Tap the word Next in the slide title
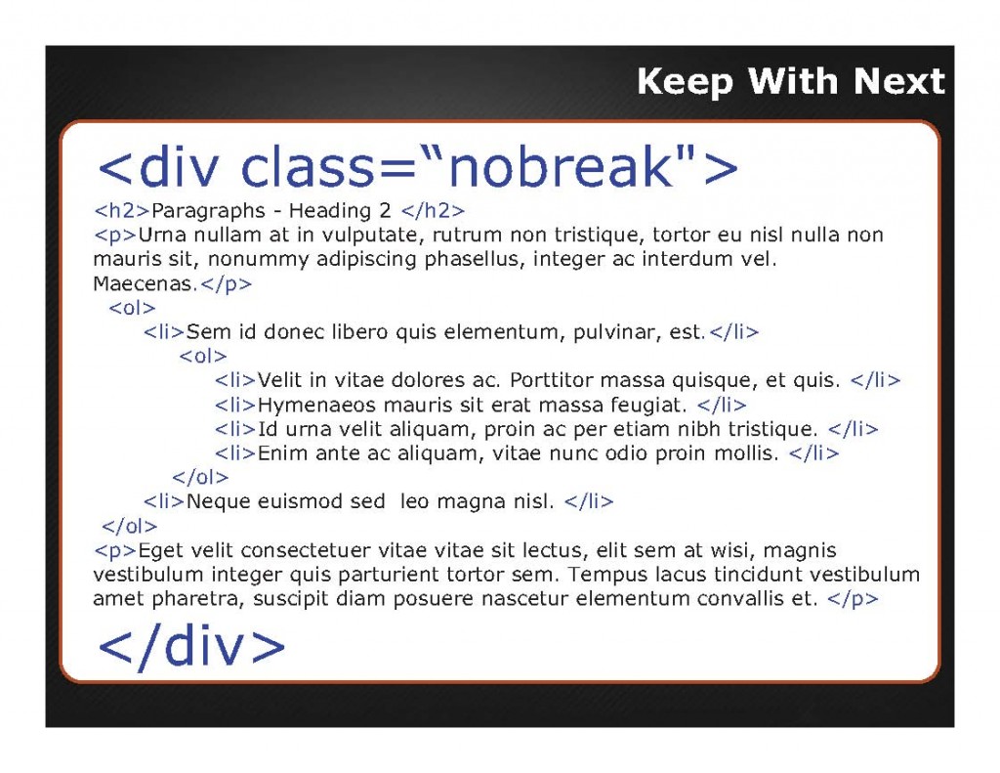click(x=899, y=81)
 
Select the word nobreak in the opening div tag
click(x=562, y=166)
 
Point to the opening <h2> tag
click(x=121, y=210)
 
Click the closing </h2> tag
click(x=433, y=210)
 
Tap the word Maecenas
click(x=146, y=283)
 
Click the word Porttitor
click(x=551, y=380)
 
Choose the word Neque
click(x=219, y=501)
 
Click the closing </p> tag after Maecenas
click(x=227, y=284)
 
